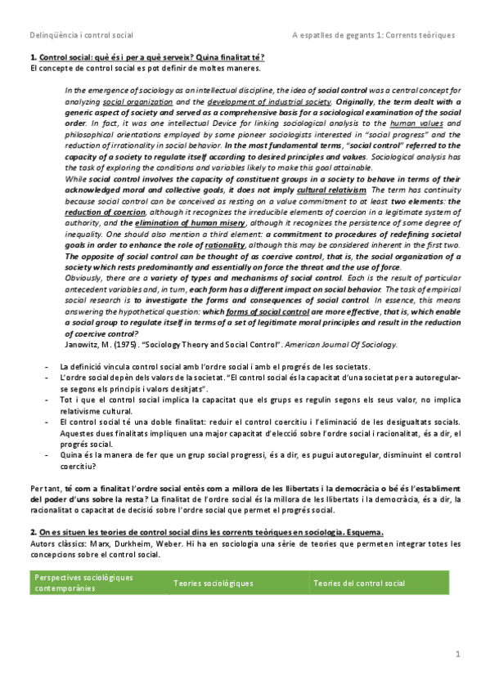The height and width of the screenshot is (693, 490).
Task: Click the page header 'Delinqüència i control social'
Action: coord(81,35)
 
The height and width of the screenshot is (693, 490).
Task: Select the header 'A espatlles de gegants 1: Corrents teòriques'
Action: coord(373,35)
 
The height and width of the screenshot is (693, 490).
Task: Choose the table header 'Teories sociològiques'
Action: coord(213,583)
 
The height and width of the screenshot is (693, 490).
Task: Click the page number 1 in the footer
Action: coord(459,654)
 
